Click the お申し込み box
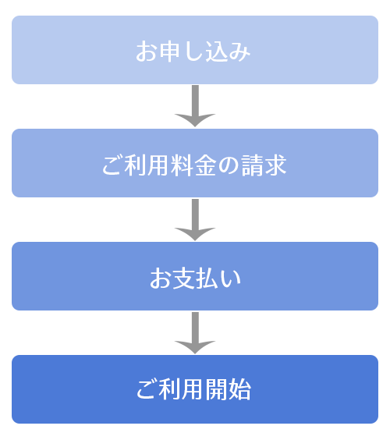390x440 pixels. (195, 50)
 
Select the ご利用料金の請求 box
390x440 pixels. (195, 163)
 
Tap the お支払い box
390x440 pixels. (195, 276)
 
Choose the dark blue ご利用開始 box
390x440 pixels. (195, 389)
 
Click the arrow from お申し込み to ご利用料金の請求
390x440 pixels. (195, 106)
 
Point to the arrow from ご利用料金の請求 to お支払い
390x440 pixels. (195, 219)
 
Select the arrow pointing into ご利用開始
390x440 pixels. (195, 332)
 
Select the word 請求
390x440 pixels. (264, 165)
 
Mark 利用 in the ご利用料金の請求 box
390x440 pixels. (147, 165)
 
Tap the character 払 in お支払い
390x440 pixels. (207, 279)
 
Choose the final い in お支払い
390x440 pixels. (230, 279)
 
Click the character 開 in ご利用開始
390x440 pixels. (218, 391)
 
